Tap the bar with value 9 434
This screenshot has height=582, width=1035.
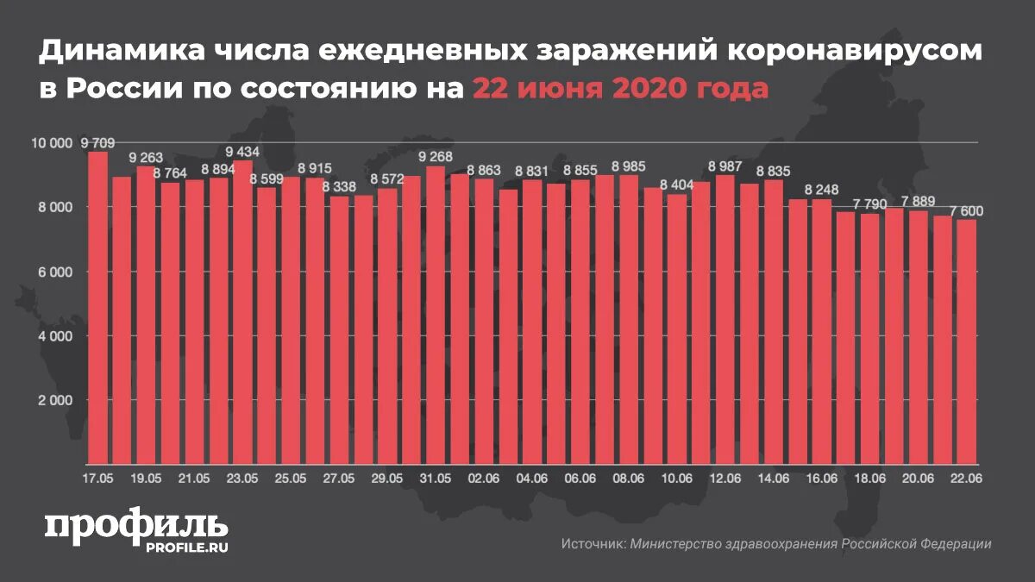(x=243, y=310)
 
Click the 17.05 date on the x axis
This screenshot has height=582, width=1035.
(x=97, y=478)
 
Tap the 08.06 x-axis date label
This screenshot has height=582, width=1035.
(x=629, y=478)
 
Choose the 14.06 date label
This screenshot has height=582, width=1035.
(x=774, y=478)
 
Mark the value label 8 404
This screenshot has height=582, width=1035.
(x=678, y=185)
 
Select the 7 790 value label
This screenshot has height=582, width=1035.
(x=871, y=204)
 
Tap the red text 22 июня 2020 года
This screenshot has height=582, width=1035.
(x=619, y=89)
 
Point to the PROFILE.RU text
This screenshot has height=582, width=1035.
(x=185, y=548)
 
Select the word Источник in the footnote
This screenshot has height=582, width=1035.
(x=592, y=544)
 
